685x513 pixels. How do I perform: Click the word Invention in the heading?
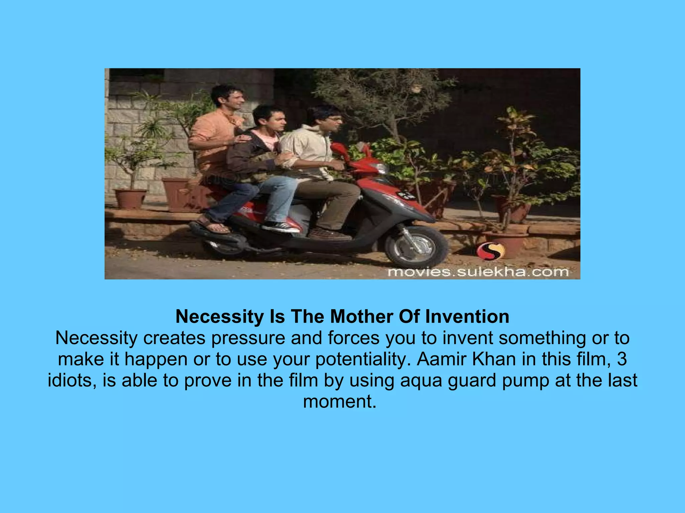[467, 317]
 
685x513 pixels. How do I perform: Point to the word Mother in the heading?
[362, 317]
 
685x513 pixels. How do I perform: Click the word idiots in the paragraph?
[72, 380]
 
